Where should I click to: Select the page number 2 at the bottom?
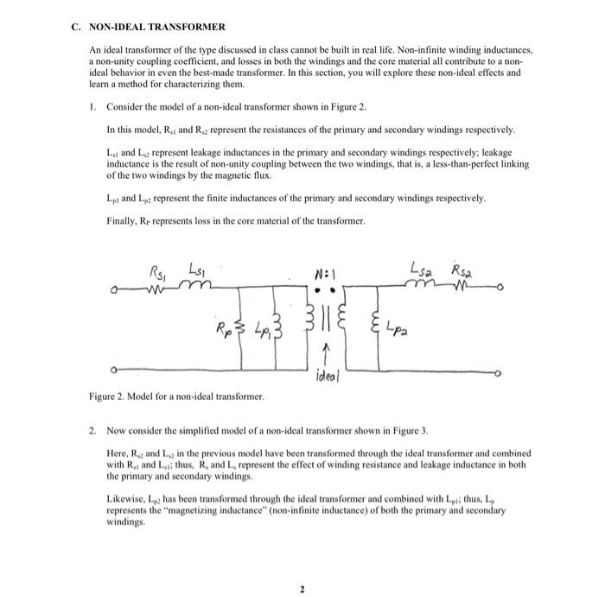point(302,566)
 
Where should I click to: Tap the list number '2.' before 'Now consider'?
point(92,430)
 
